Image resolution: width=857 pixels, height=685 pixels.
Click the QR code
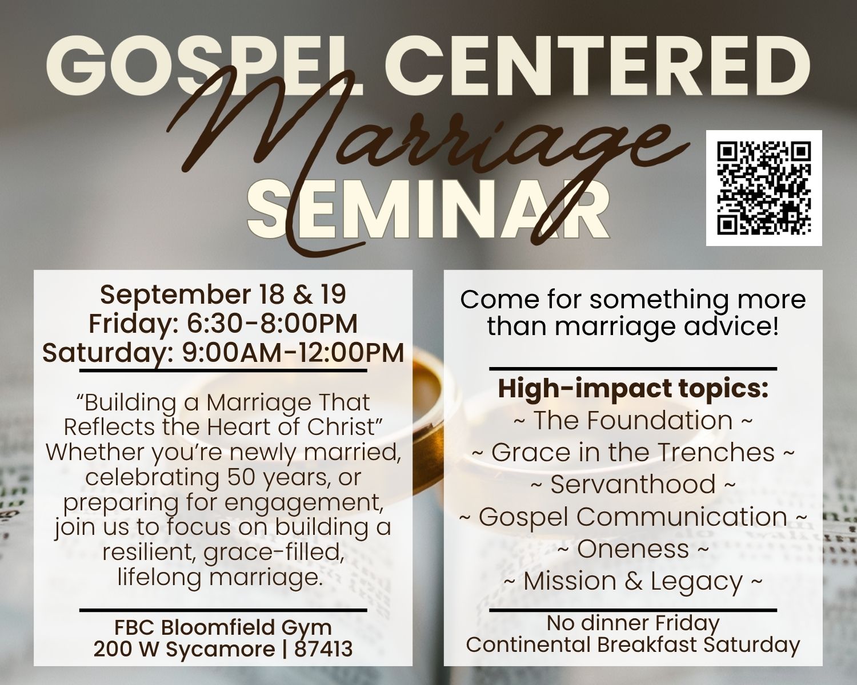pyautogui.click(x=764, y=188)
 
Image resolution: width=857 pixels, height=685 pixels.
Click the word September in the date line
pyautogui.click(x=175, y=295)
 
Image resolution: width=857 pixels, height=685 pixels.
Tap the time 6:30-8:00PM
pyautogui.click(x=272, y=324)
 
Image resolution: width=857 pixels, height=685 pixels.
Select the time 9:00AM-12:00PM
pyautogui.click(x=293, y=353)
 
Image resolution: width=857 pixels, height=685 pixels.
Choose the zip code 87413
pyautogui.click(x=323, y=649)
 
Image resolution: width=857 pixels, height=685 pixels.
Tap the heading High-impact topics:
pyautogui.click(x=633, y=390)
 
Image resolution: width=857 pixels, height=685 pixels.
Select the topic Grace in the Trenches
pyautogui.click(x=633, y=453)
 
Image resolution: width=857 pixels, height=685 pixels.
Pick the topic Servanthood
pyautogui.click(x=633, y=485)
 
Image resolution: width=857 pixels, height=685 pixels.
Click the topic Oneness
pyautogui.click(x=633, y=549)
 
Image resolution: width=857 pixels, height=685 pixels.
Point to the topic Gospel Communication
pyautogui.click(x=633, y=517)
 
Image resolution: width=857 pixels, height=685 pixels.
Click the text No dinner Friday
pyautogui.click(x=633, y=624)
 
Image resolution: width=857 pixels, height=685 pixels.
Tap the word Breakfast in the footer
pyautogui.click(x=648, y=645)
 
